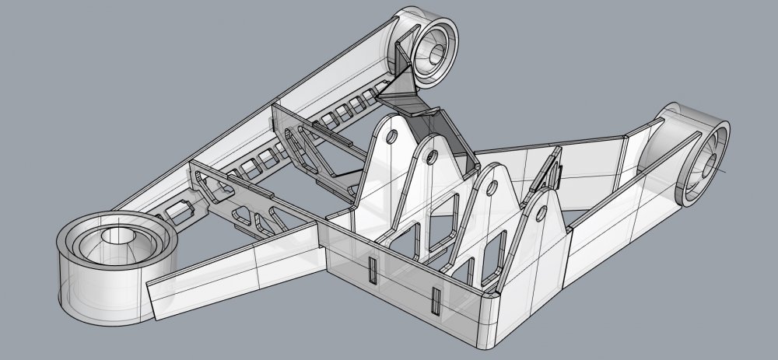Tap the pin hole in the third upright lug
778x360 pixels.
[x=492, y=187]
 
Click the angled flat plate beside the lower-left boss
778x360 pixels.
[x=233, y=272]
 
